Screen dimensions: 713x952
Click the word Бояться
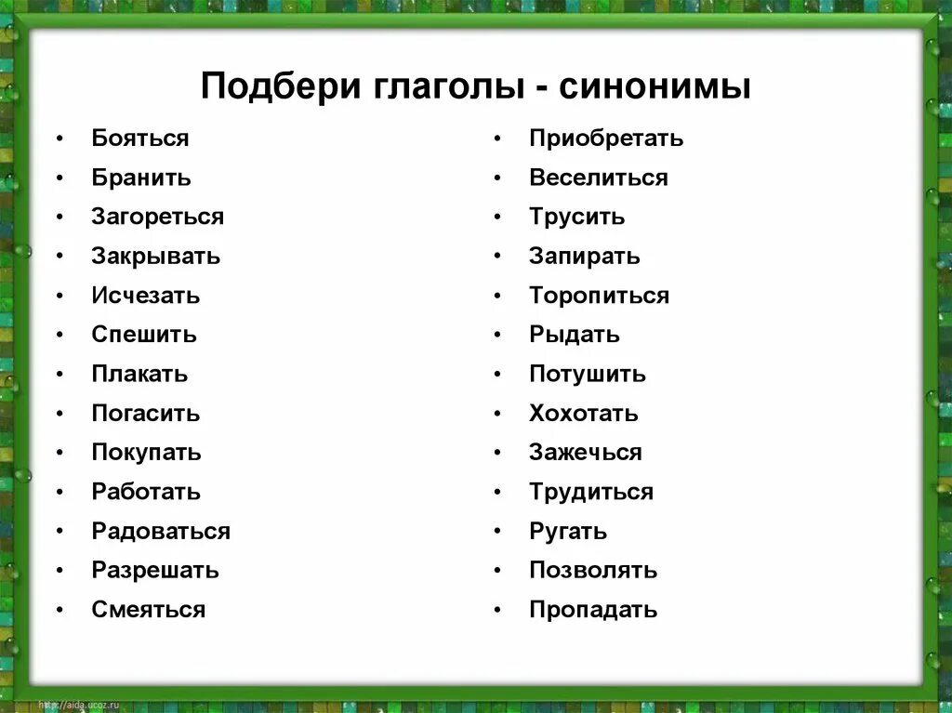pos(140,139)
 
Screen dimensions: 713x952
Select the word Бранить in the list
pos(141,178)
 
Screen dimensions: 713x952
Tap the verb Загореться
pos(157,217)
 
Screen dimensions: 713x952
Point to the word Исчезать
pos(145,296)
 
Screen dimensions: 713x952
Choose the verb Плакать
pos(139,374)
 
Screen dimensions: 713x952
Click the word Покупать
pos(146,453)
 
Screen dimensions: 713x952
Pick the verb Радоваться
pos(161,532)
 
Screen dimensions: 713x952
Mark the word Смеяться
pos(148,610)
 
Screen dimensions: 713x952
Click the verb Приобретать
pos(606,139)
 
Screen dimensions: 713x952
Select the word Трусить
pos(576,217)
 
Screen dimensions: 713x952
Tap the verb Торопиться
pos(599,296)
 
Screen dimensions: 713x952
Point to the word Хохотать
pos(584,414)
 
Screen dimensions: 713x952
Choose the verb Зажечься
pos(585,453)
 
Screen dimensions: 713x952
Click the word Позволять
pos(593,571)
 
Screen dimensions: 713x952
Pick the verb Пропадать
pos(593,610)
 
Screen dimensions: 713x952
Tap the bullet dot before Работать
pos(59,493)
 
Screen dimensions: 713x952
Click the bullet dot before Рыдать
pos(497,335)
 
